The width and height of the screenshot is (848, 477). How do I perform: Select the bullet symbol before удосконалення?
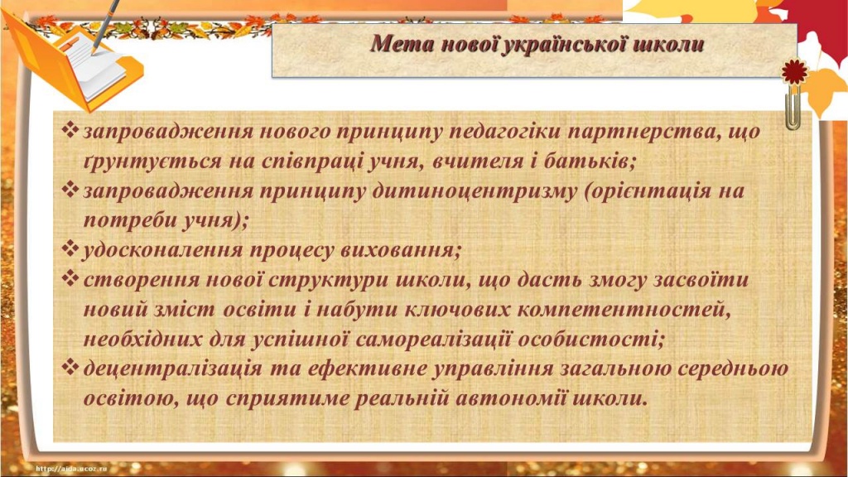point(71,248)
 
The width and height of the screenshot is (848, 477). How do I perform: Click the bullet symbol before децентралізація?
point(71,368)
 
